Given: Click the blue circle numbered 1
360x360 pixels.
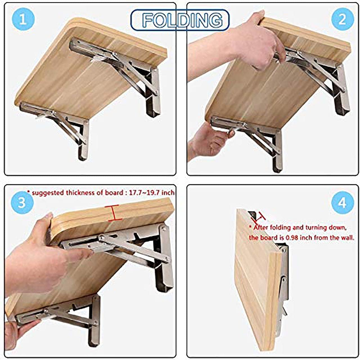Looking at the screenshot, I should point(22,20).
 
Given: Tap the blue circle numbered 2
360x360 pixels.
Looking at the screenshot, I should point(342,20).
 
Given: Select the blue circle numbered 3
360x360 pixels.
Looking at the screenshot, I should point(22,203).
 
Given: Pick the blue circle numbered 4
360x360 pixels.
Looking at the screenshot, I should point(342,203).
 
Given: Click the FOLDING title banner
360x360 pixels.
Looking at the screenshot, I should point(180,20).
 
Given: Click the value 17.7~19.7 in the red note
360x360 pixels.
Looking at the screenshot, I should point(145,193).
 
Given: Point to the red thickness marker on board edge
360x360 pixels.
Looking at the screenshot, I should point(113,213).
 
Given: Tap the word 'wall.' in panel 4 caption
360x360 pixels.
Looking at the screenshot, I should point(347,237).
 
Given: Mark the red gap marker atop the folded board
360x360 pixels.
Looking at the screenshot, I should point(259,217).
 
